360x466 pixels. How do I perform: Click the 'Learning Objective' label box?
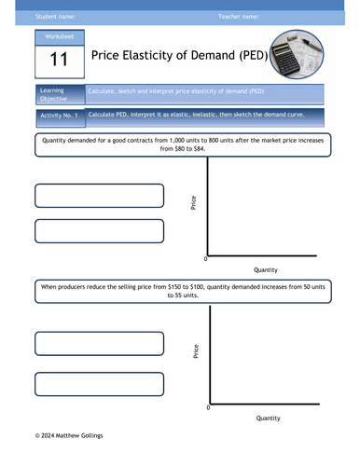(x=56, y=95)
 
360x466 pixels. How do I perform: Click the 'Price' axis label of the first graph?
(x=193, y=202)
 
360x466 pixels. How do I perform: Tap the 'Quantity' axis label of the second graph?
(x=268, y=418)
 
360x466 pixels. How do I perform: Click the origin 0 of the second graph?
(x=208, y=408)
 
